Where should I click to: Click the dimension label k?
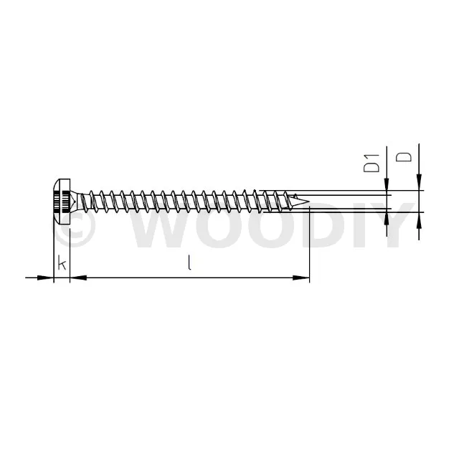[62, 262]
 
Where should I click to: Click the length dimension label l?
[189, 262]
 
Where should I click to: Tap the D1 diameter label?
[372, 163]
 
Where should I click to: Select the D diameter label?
[403, 157]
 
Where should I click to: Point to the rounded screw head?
[62, 202]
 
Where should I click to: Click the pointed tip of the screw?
[308, 201]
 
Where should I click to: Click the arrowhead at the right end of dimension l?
[301, 278]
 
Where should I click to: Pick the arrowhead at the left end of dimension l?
[78, 278]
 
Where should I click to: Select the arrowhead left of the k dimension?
[46, 278]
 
